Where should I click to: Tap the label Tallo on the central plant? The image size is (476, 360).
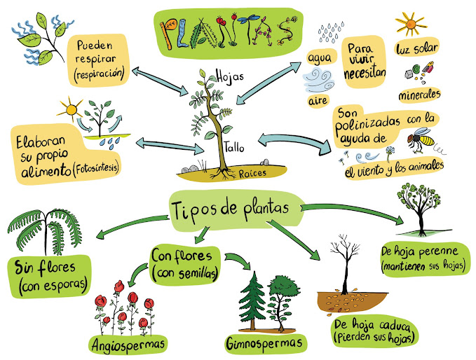coord(236,148)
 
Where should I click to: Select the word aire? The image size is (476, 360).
coord(318,102)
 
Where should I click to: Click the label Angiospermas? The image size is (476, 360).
coord(128,345)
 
